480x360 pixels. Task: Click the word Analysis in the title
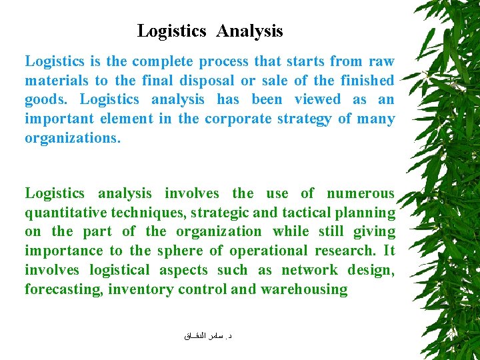click(249, 31)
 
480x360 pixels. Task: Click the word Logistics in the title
click(172, 31)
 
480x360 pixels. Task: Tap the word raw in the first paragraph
click(381, 61)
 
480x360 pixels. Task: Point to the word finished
click(367, 81)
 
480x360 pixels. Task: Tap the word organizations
click(73, 139)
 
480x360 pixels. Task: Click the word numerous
click(361, 194)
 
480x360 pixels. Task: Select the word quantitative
click(64, 213)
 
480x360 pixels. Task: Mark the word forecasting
click(63, 290)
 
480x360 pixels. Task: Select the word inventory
click(135, 290)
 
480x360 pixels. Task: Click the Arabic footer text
click(208, 337)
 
